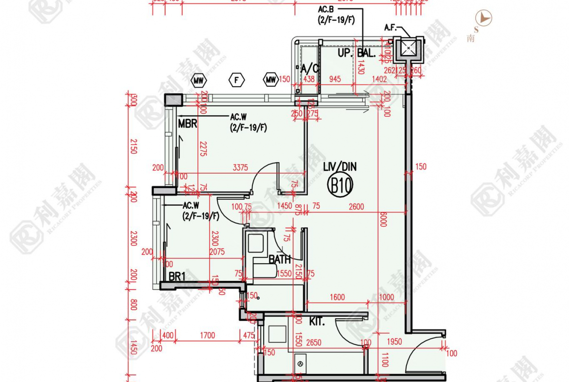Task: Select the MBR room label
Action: tap(187, 124)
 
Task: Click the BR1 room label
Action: tap(177, 276)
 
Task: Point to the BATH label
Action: tap(280, 260)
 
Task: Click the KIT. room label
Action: tap(317, 322)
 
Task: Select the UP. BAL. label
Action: tap(356, 54)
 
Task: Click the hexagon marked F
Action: tap(237, 80)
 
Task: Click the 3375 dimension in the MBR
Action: tap(240, 167)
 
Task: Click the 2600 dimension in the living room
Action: tap(356, 207)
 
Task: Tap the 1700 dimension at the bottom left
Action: tap(207, 335)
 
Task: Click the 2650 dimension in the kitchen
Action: tap(314, 343)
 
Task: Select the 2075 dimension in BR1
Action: tap(216, 252)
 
